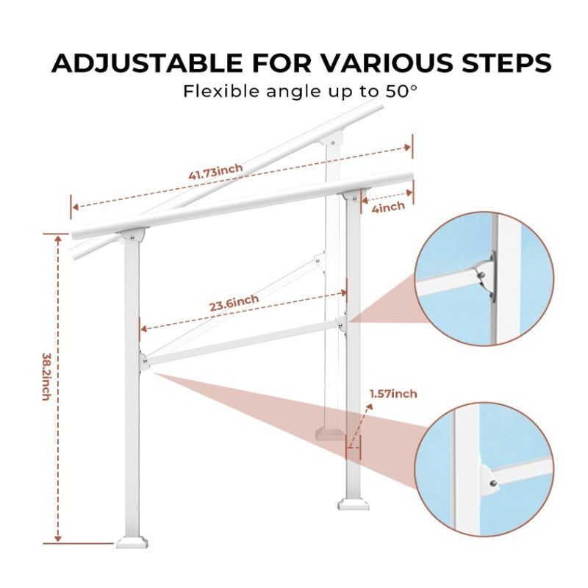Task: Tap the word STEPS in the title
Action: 500,63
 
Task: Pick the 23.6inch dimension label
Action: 234,301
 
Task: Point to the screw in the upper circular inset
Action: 481,276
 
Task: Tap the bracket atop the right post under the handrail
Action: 352,196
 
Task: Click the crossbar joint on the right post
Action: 343,321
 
